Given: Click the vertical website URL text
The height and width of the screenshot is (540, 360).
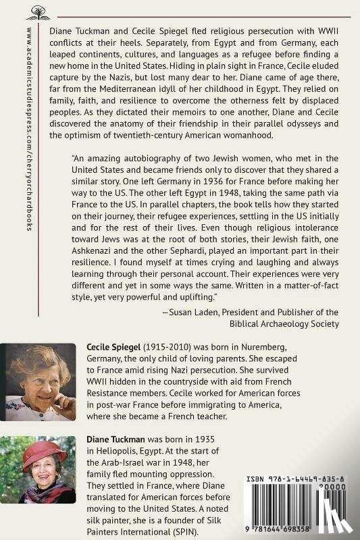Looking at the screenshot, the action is coord(29,128).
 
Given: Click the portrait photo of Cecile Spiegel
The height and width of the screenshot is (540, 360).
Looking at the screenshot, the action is coord(38,381).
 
